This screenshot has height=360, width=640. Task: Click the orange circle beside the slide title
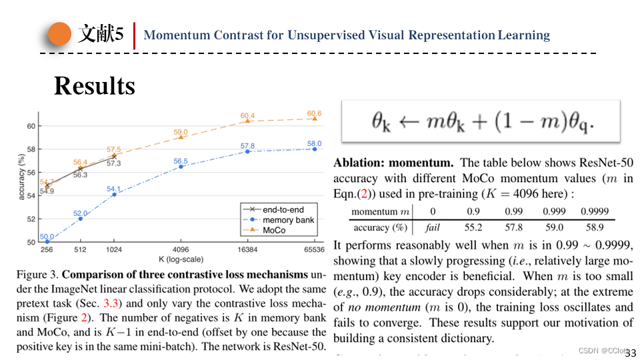60,35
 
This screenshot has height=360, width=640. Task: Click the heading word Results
94,85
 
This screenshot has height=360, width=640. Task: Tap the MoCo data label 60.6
314,113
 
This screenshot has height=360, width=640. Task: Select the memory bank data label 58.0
314,143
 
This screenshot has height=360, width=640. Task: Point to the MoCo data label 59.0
181,132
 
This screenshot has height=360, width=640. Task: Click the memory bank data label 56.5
181,161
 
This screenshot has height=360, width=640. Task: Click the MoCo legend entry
273,230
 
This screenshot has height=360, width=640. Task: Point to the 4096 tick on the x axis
181,249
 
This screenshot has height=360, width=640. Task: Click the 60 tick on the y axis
31,126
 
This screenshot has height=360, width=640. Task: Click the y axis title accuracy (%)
21,177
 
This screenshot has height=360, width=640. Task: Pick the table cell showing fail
433,227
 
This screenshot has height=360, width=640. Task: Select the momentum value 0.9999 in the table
594,211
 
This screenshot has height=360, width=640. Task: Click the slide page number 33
630,353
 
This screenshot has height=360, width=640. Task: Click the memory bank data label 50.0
47,236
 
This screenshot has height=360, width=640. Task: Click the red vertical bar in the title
135,35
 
